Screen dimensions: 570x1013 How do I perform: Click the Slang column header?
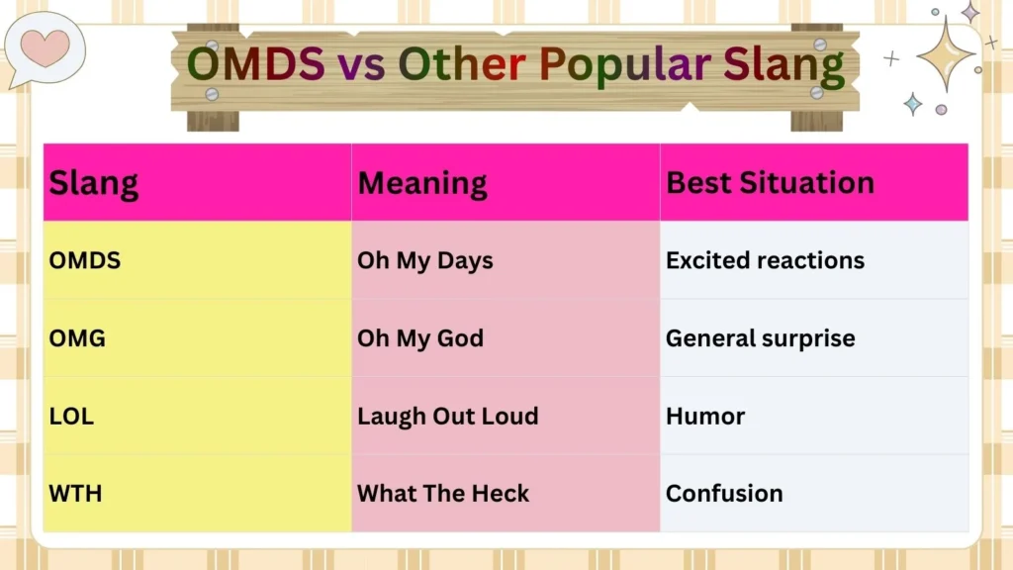[94, 183]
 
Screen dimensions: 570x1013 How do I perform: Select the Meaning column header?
[422, 183]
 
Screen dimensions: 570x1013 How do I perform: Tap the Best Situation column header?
[770, 183]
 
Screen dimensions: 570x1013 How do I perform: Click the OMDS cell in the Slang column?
[85, 260]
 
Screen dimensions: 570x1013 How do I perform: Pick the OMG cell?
[77, 338]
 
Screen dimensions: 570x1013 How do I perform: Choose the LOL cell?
[71, 416]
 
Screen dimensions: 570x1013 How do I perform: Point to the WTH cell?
[75, 493]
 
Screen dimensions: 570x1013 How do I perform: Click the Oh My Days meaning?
[425, 260]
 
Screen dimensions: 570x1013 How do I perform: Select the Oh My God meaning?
[420, 338]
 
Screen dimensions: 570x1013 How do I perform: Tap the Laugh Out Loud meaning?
[448, 416]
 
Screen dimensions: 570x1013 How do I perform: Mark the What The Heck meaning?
[443, 493]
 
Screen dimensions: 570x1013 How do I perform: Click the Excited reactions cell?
[765, 260]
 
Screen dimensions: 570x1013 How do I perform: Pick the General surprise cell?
[760, 338]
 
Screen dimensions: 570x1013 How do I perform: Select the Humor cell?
[705, 416]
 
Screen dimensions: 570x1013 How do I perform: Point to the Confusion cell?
[724, 493]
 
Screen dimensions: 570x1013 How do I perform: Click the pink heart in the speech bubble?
[46, 46]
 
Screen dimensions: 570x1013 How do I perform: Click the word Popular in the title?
[625, 65]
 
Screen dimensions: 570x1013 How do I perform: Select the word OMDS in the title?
[255, 65]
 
